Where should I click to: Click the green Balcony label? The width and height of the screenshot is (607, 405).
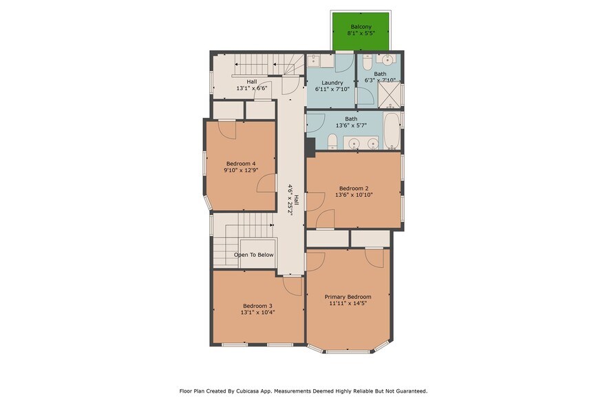pyautogui.click(x=361, y=27)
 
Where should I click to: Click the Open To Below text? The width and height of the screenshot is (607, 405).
pyautogui.click(x=254, y=255)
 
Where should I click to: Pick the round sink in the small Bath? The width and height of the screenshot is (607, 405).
pyautogui.click(x=387, y=60)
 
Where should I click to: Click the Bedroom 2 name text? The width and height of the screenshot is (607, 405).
pyautogui.click(x=353, y=188)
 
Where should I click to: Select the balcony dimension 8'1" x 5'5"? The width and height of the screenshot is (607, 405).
pyautogui.click(x=361, y=33)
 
